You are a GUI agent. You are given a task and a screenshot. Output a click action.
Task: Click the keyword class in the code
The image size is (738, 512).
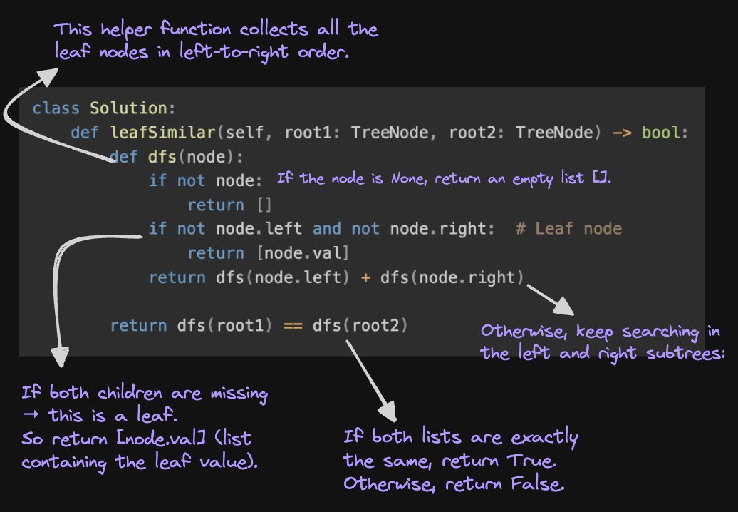coord(52,109)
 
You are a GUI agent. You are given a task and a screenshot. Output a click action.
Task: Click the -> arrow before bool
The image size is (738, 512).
coord(622,133)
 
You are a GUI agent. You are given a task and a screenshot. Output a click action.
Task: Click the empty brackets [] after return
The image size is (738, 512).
coord(264,205)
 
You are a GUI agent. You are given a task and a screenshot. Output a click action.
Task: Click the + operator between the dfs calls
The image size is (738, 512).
coord(365,277)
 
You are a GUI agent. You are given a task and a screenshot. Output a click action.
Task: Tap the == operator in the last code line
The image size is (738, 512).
coord(293,326)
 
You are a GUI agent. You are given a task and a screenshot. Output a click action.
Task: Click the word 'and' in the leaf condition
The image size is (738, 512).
coord(327,229)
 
